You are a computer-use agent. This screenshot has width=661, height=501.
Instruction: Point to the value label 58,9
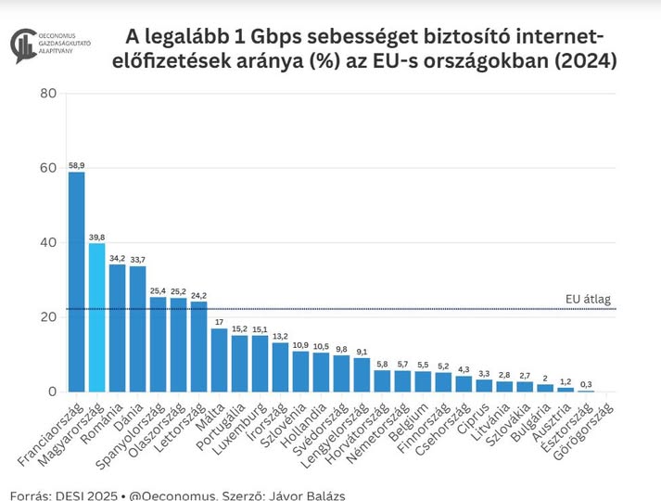pyautogui.click(x=76, y=164)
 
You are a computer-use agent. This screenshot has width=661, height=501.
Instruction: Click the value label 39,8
pyautogui.click(x=96, y=237)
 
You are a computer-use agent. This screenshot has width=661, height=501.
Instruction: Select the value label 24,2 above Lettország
pyautogui.click(x=198, y=294)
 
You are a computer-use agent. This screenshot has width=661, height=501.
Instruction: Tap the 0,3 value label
pyautogui.click(x=586, y=383)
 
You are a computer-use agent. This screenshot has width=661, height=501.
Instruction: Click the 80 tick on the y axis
pyautogui.click(x=48, y=94)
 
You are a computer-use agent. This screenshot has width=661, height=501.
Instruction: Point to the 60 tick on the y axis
pyautogui.click(x=48, y=168)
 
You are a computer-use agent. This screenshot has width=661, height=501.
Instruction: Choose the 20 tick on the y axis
pyautogui.click(x=48, y=317)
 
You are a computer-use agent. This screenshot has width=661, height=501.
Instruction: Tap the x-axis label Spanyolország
pyautogui.click(x=139, y=432)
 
